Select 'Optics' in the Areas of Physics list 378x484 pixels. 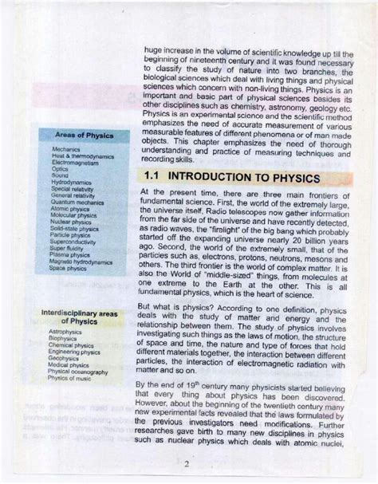pos(60,169)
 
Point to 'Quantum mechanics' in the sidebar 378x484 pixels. pos(77,202)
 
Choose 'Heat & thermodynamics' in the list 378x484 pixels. pos(80,155)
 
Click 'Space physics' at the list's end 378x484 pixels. pos(68,268)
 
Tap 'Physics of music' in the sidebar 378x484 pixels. pos(70,378)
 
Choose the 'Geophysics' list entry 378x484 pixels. pos(64,358)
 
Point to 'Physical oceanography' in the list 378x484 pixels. pos(77,372)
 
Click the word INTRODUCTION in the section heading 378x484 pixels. pos(220,176)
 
